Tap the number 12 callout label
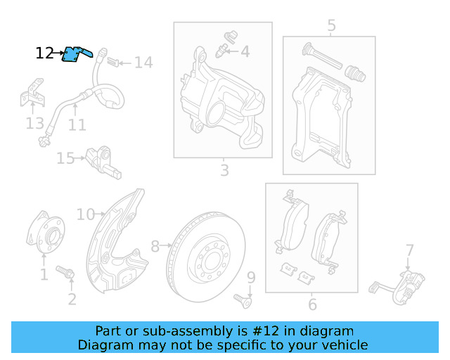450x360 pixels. click(44, 53)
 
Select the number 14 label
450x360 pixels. click(143, 63)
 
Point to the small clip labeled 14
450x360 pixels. click(117, 63)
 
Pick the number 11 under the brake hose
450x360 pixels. click(77, 125)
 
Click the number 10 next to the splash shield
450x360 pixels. click(85, 214)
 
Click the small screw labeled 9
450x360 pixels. click(246, 300)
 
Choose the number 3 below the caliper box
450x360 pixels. click(224, 170)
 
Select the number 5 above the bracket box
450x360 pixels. click(331, 27)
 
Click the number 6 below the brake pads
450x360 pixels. click(312, 304)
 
